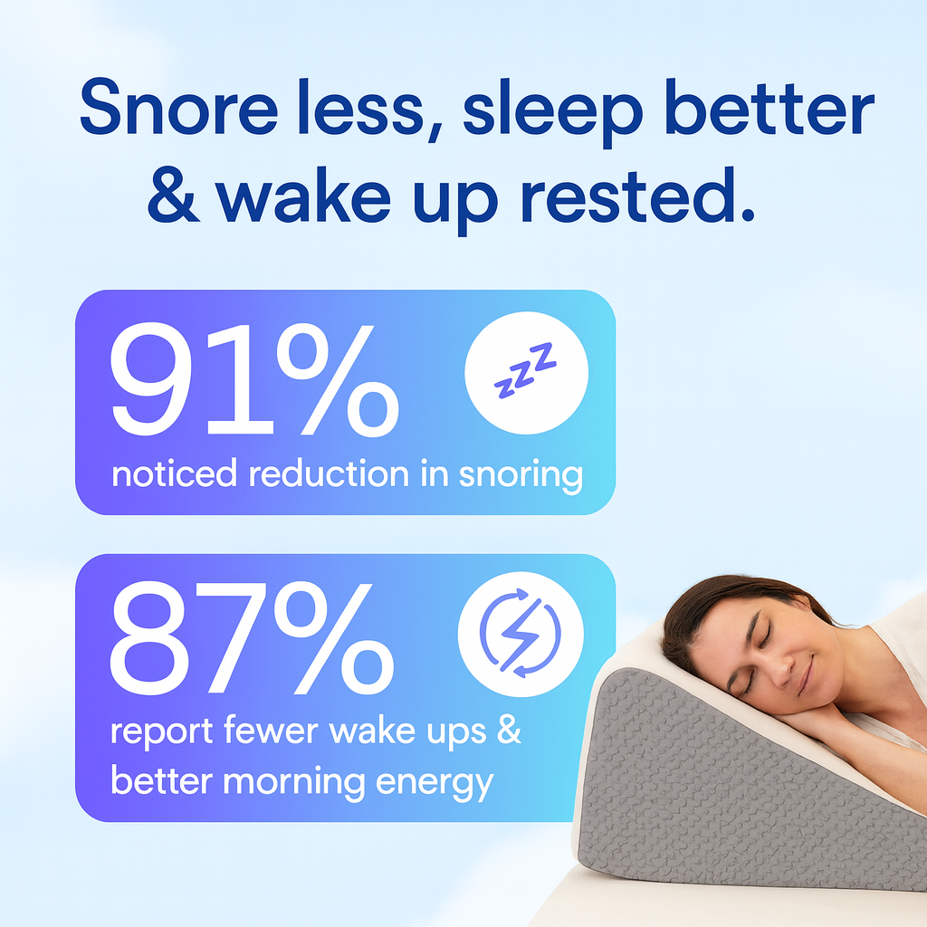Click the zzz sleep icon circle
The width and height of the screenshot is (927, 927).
coord(526,374)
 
